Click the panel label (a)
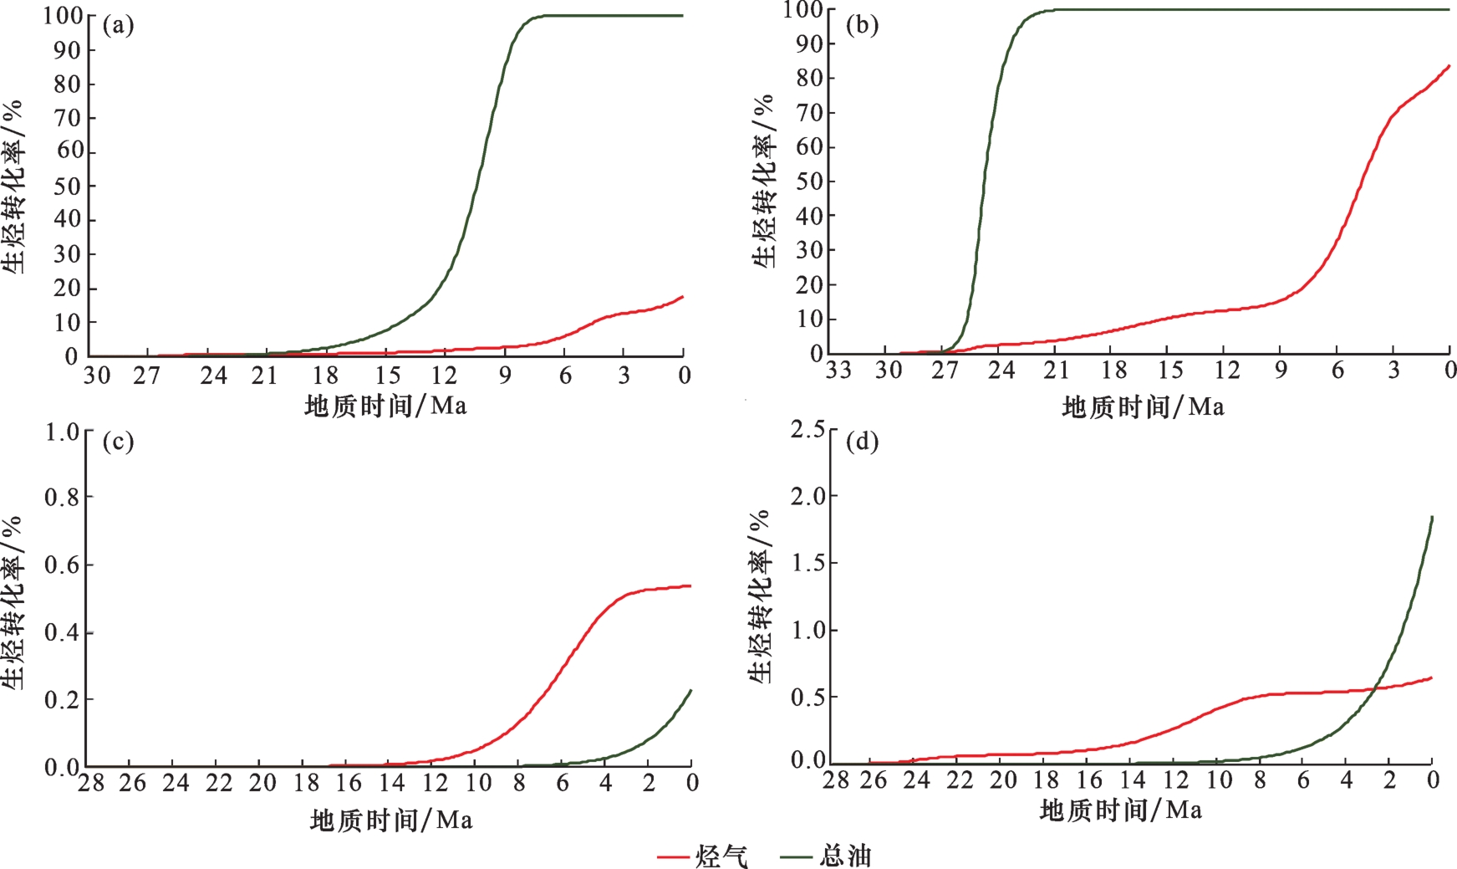pyautogui.click(x=118, y=25)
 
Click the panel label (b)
pyautogui.click(x=862, y=25)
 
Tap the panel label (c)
pyautogui.click(x=118, y=441)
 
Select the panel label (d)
pyautogui.click(x=862, y=441)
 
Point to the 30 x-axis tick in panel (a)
pyautogui.click(x=97, y=376)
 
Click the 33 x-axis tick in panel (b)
pyautogui.click(x=838, y=370)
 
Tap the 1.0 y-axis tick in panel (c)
pyautogui.click(x=62, y=432)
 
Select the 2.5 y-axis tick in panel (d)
pyautogui.click(x=807, y=430)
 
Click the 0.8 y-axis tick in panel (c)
pyautogui.click(x=62, y=498)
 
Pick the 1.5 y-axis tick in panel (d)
pyautogui.click(x=807, y=563)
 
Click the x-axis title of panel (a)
pyautogui.click(x=385, y=406)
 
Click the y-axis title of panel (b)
pyautogui.click(x=764, y=180)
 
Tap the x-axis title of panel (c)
pyautogui.click(x=391, y=820)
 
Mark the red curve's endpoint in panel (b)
pyautogui.click(x=1449, y=65)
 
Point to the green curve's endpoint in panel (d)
pyautogui.click(x=1432, y=517)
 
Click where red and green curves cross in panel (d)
pyautogui.click(x=1376, y=688)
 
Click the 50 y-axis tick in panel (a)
pyautogui.click(x=69, y=186)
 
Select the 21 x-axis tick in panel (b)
pyautogui.click(x=1057, y=370)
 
